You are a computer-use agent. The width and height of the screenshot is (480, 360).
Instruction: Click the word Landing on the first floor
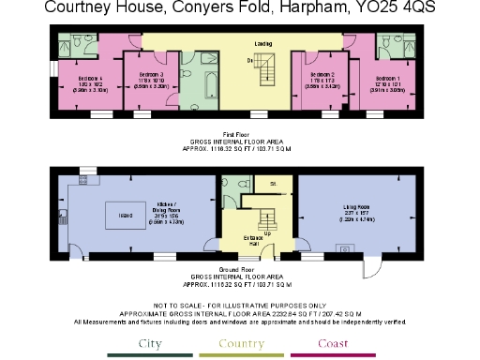262,43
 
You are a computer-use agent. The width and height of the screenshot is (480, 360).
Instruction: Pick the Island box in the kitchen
124,214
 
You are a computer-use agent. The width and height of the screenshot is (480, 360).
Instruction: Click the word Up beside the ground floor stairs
268,233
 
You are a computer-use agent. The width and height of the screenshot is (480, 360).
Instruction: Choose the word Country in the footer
242,343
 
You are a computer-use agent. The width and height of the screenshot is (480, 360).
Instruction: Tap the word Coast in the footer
330,343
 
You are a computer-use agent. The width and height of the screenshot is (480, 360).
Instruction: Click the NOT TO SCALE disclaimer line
240,306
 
